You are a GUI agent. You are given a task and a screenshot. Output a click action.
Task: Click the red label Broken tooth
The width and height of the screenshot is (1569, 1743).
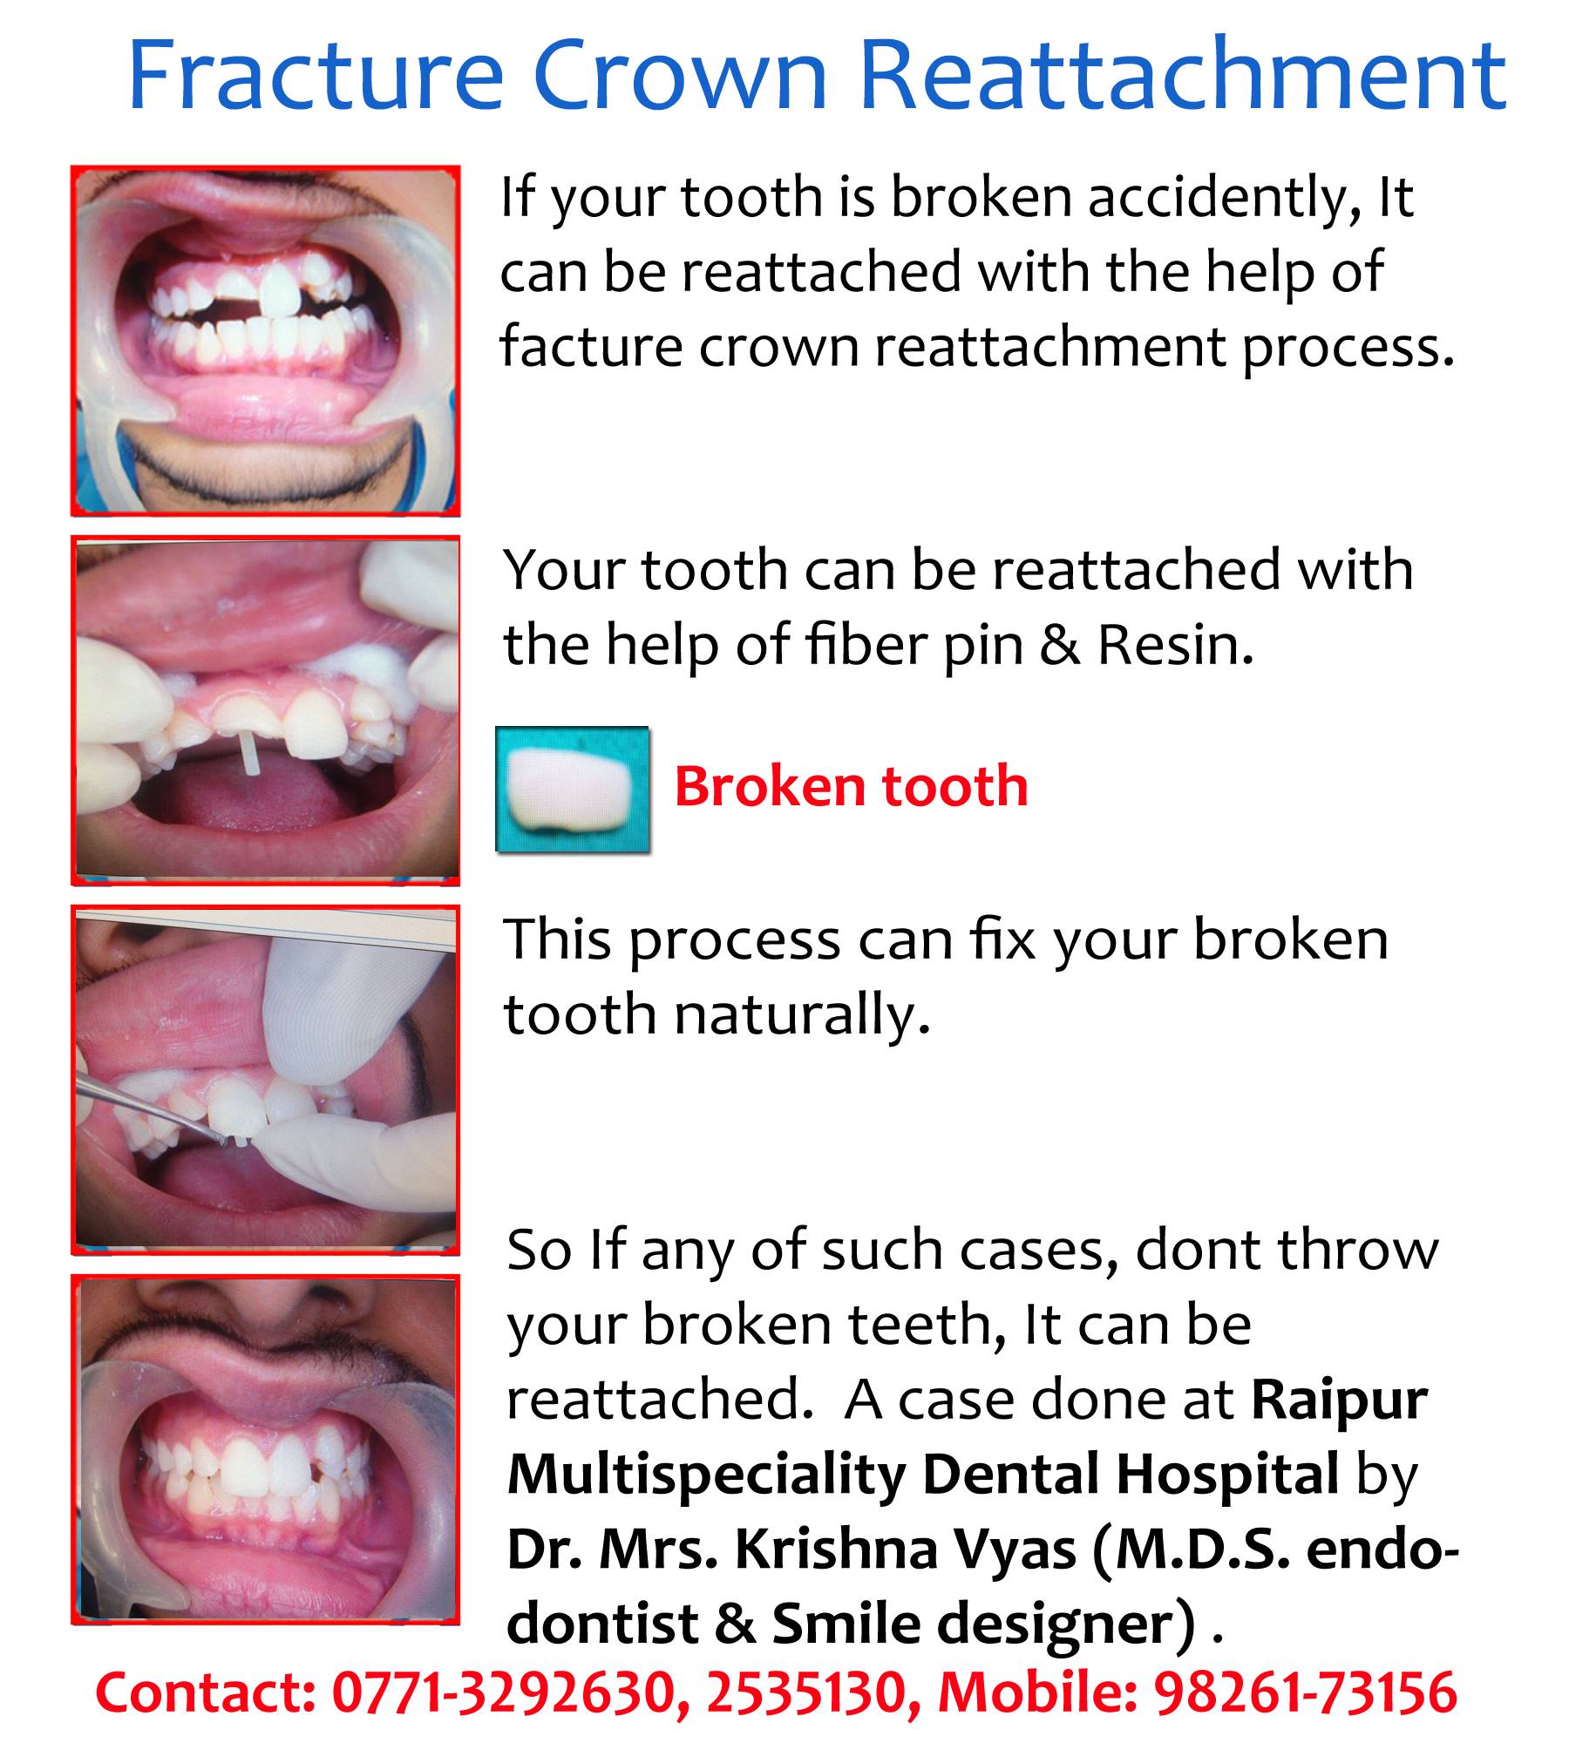click(x=851, y=786)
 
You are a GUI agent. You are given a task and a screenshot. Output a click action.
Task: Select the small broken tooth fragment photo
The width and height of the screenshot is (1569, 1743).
click(x=573, y=789)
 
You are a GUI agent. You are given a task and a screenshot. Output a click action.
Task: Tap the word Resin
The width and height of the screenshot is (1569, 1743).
click(x=1175, y=646)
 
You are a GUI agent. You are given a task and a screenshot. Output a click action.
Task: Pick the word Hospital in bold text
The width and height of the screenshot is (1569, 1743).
click(x=1227, y=1480)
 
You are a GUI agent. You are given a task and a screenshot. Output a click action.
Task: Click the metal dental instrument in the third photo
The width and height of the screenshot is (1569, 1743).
click(x=147, y=1110)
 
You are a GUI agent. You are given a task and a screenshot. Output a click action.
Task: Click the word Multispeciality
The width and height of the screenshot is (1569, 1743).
click(x=705, y=1480)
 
